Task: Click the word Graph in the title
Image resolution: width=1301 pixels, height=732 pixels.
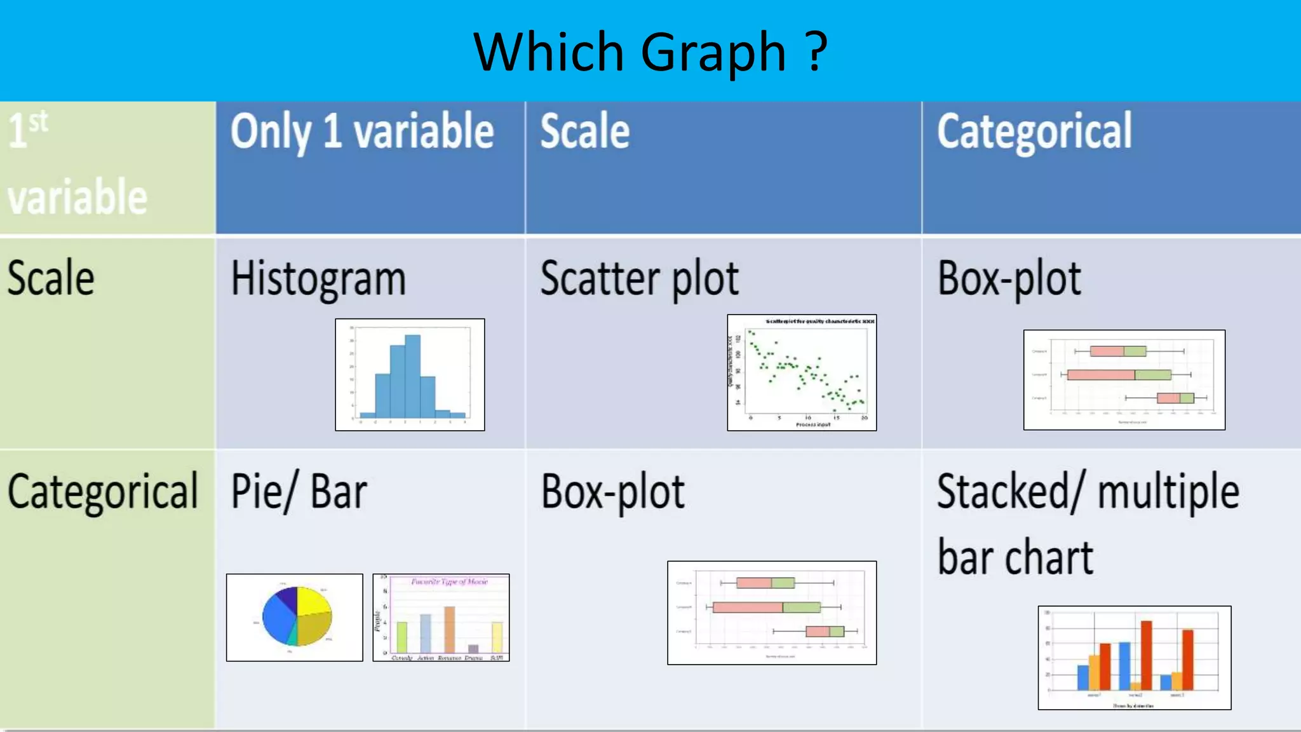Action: pyautogui.click(x=713, y=53)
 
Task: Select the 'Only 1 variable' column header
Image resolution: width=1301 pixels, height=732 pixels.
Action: pyautogui.click(x=362, y=132)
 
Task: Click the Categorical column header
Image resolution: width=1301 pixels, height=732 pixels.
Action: pyautogui.click(x=1034, y=132)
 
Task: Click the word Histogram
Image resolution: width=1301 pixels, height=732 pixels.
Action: pyautogui.click(x=318, y=280)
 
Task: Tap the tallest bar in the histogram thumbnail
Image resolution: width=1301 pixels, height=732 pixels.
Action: pyautogui.click(x=412, y=375)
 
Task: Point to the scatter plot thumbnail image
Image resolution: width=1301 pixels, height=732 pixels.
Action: pyautogui.click(x=802, y=372)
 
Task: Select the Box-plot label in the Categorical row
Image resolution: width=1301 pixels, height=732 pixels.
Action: pyautogui.click(x=612, y=492)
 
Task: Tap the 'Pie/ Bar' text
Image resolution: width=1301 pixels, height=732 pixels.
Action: pyautogui.click(x=299, y=492)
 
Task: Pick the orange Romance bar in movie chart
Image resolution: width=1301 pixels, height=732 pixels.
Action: pyautogui.click(x=449, y=629)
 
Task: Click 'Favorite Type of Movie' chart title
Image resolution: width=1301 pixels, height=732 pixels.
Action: pyautogui.click(x=449, y=581)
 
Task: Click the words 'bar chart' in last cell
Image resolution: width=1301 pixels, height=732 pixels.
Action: pyautogui.click(x=1015, y=557)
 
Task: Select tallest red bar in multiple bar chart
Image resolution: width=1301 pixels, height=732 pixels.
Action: pyautogui.click(x=1146, y=654)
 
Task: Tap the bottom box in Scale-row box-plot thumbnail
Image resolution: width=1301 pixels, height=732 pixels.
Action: pyautogui.click(x=1175, y=398)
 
